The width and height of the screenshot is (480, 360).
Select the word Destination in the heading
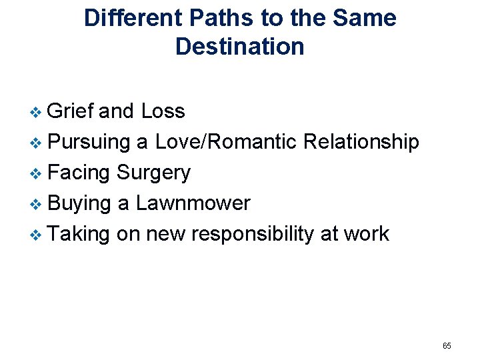click(x=240, y=47)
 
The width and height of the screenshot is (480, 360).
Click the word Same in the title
click(x=364, y=18)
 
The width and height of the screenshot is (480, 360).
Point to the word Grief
click(x=71, y=111)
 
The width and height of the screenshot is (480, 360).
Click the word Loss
click(x=163, y=111)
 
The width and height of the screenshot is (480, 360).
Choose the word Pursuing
click(x=89, y=141)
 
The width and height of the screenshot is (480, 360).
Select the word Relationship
click(x=361, y=141)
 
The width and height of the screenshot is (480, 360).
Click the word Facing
click(x=79, y=172)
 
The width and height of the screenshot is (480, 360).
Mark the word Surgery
click(x=153, y=173)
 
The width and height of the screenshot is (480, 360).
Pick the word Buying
click(x=79, y=203)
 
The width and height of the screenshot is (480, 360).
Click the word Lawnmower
click(x=193, y=203)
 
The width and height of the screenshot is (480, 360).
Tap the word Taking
click(x=79, y=234)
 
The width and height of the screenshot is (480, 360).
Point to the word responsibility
click(x=265, y=234)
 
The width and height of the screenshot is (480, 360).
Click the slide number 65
click(x=447, y=345)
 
